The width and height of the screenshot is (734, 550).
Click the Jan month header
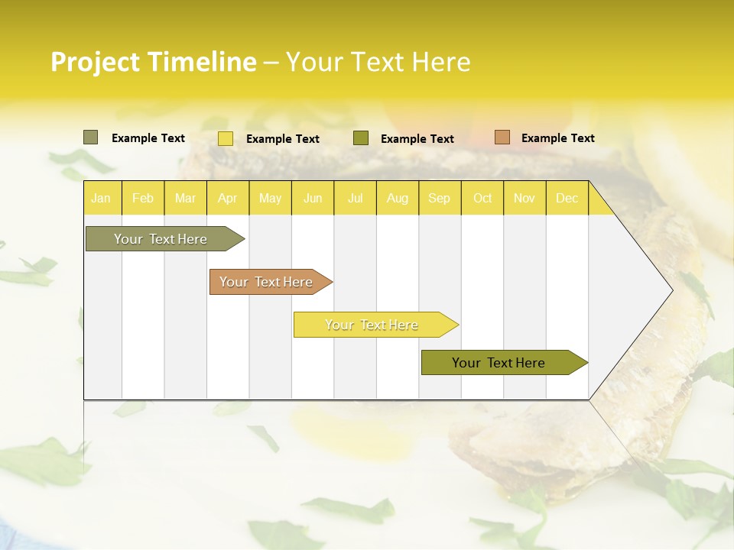(x=102, y=198)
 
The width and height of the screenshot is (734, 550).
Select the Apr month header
(x=228, y=198)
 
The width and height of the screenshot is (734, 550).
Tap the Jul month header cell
(x=356, y=198)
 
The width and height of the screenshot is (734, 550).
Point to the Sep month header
(x=440, y=198)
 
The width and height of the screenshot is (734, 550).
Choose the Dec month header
(x=567, y=198)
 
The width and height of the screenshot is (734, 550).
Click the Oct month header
(x=482, y=198)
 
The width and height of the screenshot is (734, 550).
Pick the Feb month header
(x=143, y=198)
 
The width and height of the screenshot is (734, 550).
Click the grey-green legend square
(x=90, y=137)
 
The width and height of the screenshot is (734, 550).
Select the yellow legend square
(x=226, y=138)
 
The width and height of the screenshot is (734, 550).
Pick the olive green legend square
(x=361, y=138)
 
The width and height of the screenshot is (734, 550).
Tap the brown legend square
(x=502, y=137)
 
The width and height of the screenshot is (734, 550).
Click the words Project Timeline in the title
(x=154, y=62)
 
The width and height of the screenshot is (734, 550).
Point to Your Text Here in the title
(x=378, y=62)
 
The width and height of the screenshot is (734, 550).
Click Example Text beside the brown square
(x=557, y=138)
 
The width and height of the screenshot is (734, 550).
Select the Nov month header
(x=525, y=198)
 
